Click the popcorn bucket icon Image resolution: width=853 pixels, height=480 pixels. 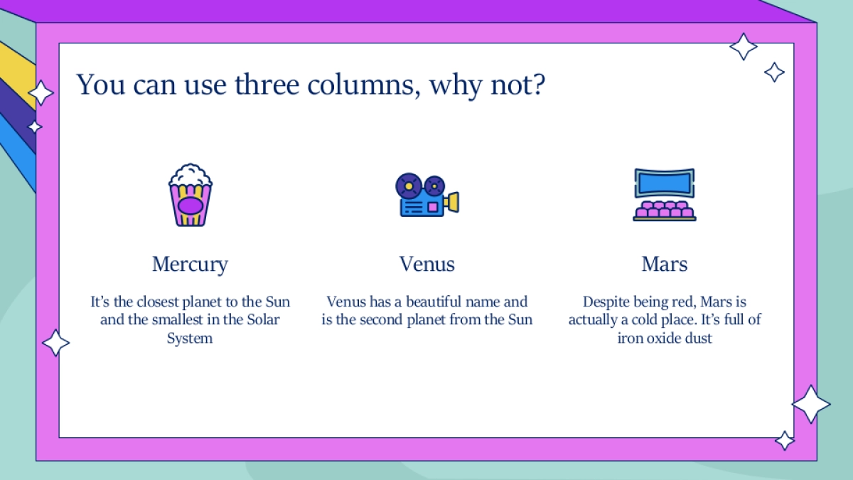click(x=191, y=195)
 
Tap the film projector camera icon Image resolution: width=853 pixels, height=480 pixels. click(x=427, y=195)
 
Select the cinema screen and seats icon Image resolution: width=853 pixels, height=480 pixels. click(x=665, y=195)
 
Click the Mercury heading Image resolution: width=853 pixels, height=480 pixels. click(x=190, y=264)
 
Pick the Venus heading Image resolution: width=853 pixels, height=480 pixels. click(x=427, y=264)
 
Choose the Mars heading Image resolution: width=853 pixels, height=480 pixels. click(x=665, y=264)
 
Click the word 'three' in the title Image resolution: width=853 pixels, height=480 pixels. click(x=267, y=84)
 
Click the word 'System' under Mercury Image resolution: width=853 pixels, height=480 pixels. click(x=190, y=338)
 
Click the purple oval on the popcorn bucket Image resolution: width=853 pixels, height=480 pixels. click(x=191, y=206)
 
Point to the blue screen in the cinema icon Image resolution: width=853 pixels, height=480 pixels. click(x=665, y=183)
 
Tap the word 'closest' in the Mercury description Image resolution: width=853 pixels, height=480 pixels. click(x=158, y=302)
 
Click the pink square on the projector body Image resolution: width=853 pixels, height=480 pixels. click(x=433, y=207)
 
